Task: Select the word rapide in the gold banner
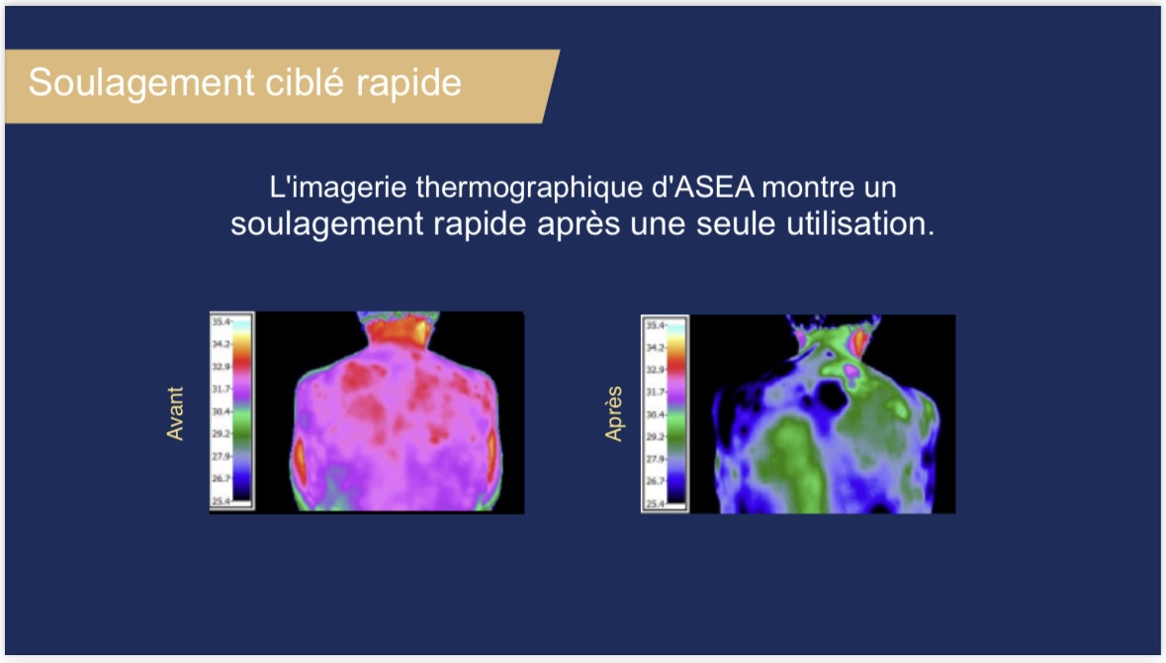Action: (409, 83)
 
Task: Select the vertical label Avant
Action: (176, 413)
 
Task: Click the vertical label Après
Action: (613, 413)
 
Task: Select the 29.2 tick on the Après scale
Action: (655, 436)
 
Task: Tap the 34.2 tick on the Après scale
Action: (655, 348)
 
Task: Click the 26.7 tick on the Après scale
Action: (655, 481)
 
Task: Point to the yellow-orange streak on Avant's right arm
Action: (493, 452)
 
